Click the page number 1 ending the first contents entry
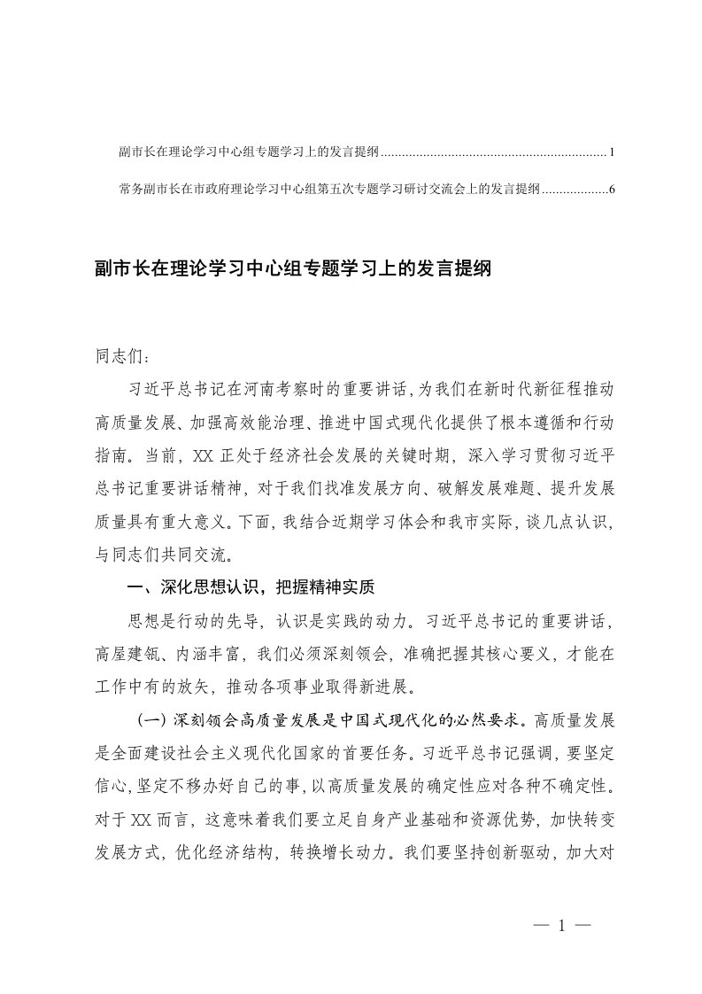pos(613,153)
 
